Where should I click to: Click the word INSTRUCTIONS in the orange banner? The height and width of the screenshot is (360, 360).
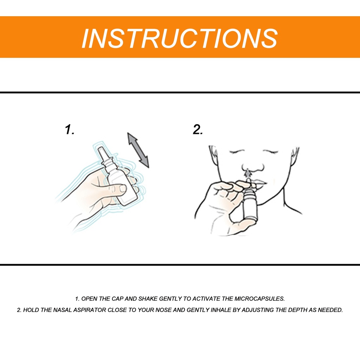coord(180,38)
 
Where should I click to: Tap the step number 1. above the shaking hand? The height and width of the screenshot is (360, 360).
coord(70,129)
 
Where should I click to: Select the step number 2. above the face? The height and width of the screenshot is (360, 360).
coord(198,129)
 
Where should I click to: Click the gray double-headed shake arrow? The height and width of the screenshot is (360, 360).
coord(138,150)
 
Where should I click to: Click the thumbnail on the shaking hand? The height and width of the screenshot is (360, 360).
coord(123,188)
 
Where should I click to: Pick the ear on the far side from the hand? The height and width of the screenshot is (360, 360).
coord(295,156)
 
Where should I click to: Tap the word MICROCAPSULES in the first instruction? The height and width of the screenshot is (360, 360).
coord(259,299)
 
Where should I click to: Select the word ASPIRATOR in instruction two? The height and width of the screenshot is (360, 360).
coord(90,310)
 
